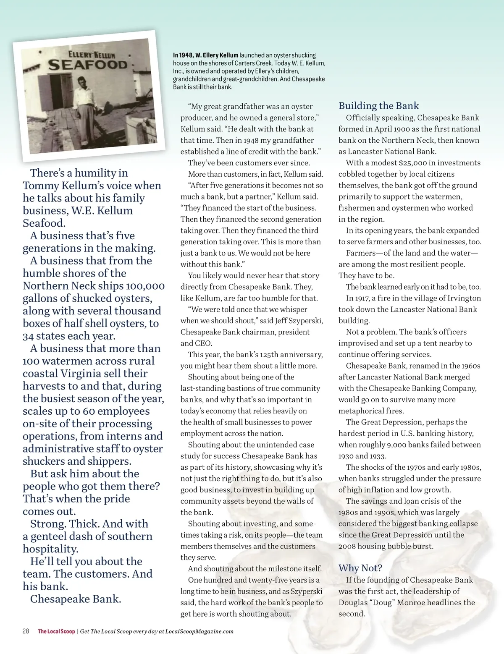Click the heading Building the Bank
click(378, 106)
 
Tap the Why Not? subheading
click(360, 568)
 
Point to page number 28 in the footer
click(26, 631)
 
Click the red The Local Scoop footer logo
click(56, 631)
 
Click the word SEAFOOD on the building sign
click(87, 65)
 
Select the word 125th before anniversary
click(272, 355)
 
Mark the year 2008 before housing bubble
click(347, 546)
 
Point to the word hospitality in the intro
click(50, 549)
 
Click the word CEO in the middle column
click(204, 343)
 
